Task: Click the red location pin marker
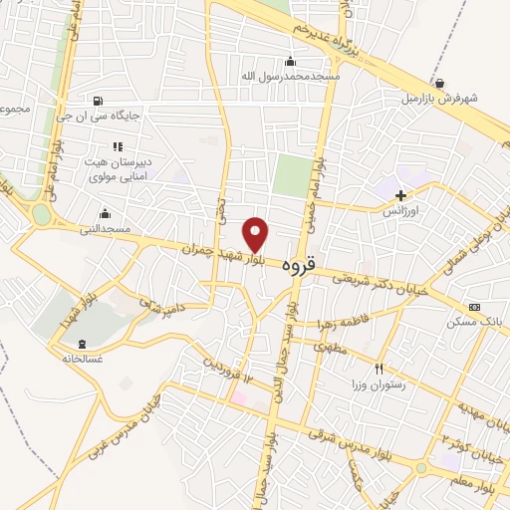tap(257, 234)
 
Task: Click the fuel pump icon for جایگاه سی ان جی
tap(97, 101)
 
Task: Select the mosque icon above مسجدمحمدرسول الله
tap(291, 61)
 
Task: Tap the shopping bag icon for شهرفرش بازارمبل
tap(440, 83)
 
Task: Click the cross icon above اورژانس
tap(401, 196)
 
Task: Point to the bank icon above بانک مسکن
tap(473, 307)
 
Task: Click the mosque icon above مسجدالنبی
tap(105, 213)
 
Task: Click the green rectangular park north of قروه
tap(291, 175)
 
